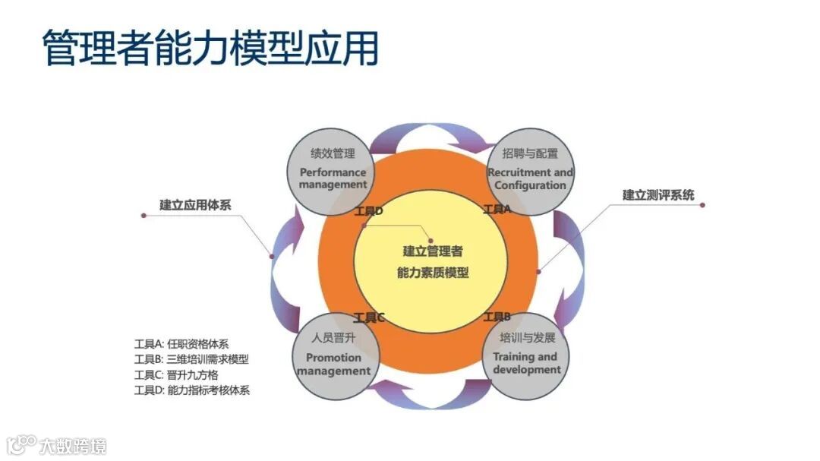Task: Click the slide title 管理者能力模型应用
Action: [210, 49]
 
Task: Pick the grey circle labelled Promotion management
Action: [334, 355]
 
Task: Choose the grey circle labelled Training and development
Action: [526, 355]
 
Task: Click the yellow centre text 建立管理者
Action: [433, 251]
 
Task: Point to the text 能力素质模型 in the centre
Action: [433, 272]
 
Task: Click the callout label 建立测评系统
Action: [658, 195]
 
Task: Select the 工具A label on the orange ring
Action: [497, 209]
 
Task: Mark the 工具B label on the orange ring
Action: [497, 317]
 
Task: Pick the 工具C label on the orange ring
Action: [369, 317]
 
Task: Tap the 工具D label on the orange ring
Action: [369, 210]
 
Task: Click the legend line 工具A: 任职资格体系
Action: [181, 343]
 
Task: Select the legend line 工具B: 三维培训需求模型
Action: [191, 359]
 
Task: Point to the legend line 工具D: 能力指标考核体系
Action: [191, 391]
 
